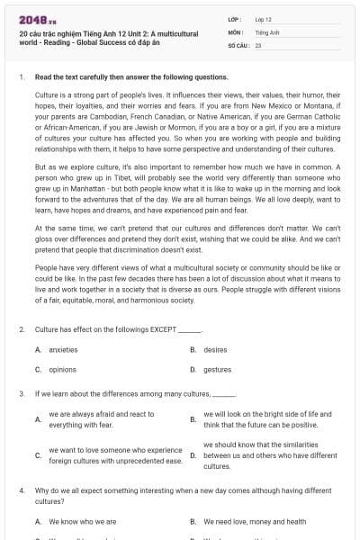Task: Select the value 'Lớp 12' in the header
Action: coord(263,18)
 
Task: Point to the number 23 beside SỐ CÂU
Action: coord(258,43)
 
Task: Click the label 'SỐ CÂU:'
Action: coord(238,43)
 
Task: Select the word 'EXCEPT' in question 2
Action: coord(166,330)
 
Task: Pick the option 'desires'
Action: coord(215,349)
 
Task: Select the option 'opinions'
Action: coord(62,369)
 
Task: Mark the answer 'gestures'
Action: coord(217,369)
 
